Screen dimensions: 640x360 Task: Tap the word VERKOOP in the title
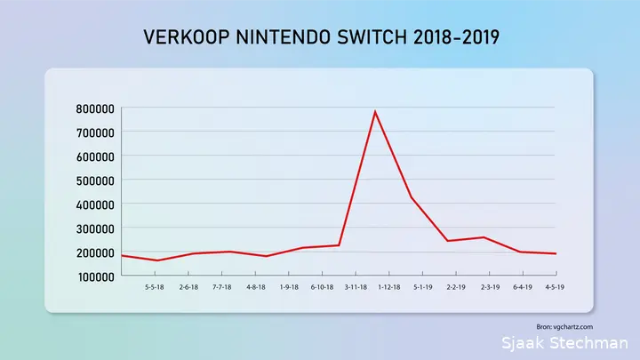tap(187, 37)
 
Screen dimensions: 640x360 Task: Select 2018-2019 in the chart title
tap(456, 37)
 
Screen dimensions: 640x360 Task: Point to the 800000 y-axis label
tap(95, 109)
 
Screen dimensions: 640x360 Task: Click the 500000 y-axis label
tap(95, 180)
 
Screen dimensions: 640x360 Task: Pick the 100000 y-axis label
tap(96, 277)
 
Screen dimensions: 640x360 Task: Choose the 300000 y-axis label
tap(95, 229)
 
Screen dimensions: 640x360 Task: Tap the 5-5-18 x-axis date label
tap(155, 287)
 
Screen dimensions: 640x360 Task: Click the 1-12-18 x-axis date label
tap(389, 287)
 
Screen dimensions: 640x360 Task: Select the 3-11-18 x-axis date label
tap(356, 287)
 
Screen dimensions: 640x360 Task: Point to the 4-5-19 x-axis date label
tap(555, 287)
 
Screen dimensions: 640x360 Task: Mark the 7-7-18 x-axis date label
tap(221, 287)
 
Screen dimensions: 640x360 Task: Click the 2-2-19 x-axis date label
tap(456, 287)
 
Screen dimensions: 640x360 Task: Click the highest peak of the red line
tap(375, 111)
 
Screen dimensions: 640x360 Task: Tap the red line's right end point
tap(556, 254)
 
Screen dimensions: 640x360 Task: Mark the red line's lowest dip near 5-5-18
tap(157, 260)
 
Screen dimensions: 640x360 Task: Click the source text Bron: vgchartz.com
tap(564, 327)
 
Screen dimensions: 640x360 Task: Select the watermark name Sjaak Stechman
tap(565, 343)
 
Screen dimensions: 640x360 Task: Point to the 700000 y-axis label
tap(95, 132)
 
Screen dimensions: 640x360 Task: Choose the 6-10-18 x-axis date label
tap(322, 287)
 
